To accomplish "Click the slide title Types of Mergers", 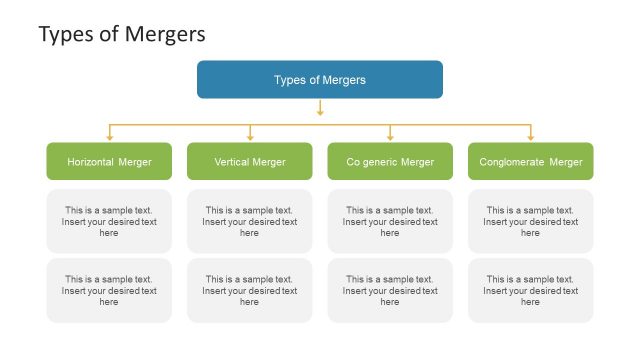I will pyautogui.click(x=122, y=34).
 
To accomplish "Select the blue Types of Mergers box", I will pyautogui.click(x=320, y=80).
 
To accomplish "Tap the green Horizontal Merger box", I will pyautogui.click(x=109, y=161).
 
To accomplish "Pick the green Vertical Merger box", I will pyautogui.click(x=250, y=161).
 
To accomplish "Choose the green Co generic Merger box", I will pyautogui.click(x=390, y=161).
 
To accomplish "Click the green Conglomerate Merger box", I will pyautogui.click(x=531, y=161).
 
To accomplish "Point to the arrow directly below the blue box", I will pyautogui.click(x=320, y=108).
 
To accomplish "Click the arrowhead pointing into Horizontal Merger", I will pyautogui.click(x=109, y=136).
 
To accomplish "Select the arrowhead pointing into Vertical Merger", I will pyautogui.click(x=250, y=136).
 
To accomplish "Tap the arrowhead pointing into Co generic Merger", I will pyautogui.click(x=390, y=136).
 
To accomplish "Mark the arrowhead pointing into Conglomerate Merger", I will pyautogui.click(x=531, y=136).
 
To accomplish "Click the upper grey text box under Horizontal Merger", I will pyautogui.click(x=109, y=221).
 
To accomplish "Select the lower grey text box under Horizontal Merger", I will pyautogui.click(x=109, y=290).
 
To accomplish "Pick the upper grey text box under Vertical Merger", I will pyautogui.click(x=250, y=221).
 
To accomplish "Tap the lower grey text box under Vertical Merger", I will pyautogui.click(x=250, y=290).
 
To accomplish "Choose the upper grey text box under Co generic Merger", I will pyautogui.click(x=390, y=221).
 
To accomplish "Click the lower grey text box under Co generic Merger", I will pyautogui.click(x=390, y=290).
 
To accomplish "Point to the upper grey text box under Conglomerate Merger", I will pyautogui.click(x=531, y=221).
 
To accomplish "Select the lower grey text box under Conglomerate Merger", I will pyautogui.click(x=531, y=290).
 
